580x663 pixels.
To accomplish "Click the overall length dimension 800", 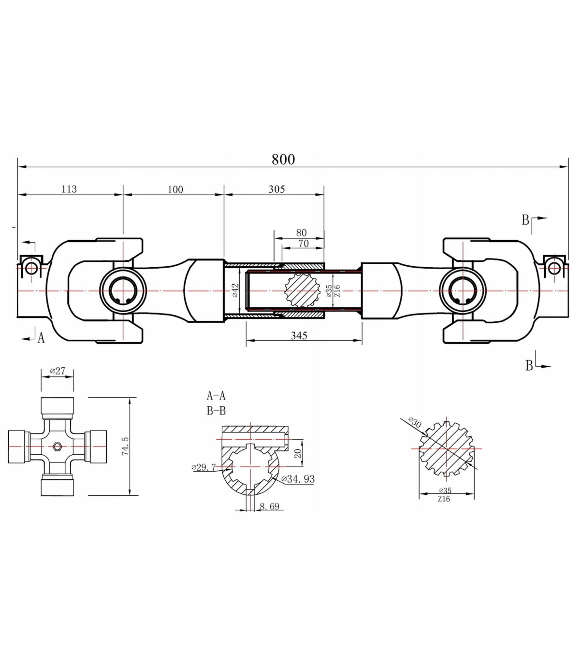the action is point(283,159).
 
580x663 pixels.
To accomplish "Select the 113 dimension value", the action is point(69,189).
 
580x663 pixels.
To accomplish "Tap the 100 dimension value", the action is point(175,189).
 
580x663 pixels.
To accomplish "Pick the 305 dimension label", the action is point(276,189).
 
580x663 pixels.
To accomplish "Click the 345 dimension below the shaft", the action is point(299,335).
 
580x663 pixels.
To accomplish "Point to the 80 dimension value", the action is point(301,232).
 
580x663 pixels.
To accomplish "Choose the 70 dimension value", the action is point(304,243).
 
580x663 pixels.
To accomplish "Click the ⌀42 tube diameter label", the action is point(235,290).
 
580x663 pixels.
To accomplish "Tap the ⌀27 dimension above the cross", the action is point(58,371).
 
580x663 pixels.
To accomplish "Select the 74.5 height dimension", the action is point(125,446).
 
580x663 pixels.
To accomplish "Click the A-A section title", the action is point(216,396).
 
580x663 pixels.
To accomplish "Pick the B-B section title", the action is point(216,411).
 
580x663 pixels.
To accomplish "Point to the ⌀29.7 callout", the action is point(203,467).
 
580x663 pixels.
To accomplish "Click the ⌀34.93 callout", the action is point(298,479).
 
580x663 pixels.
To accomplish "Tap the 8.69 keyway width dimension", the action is point(269,506).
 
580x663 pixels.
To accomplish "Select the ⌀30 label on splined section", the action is point(415,422).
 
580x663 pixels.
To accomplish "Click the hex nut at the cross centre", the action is point(58,446).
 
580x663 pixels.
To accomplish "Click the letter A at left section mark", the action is point(41,338).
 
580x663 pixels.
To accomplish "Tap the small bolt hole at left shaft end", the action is point(31,268).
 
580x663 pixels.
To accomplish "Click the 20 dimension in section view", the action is point(299,453).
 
